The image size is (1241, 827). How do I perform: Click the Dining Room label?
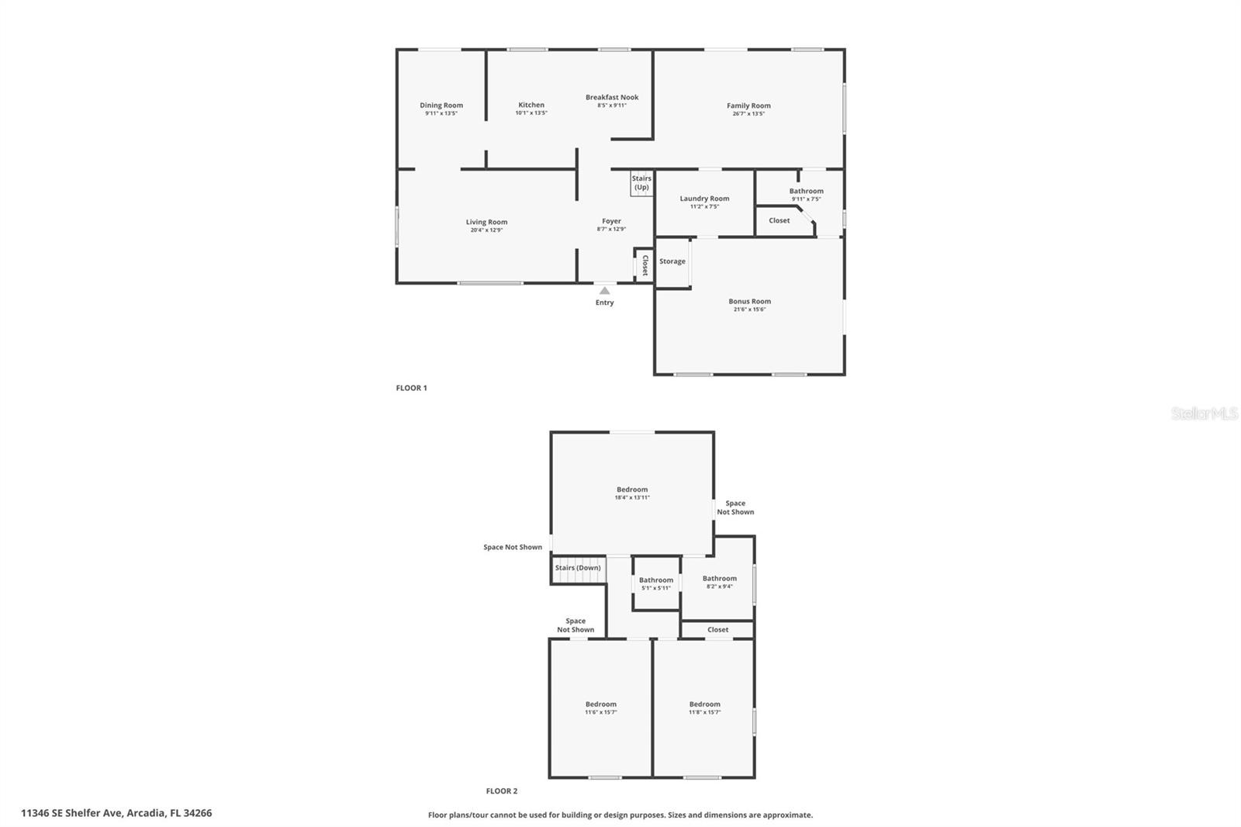441,106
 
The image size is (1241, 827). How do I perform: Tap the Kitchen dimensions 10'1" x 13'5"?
531,113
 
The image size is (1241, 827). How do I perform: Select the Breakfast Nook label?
612,98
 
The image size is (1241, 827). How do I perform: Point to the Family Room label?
748,106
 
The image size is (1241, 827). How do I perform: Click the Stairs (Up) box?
641,183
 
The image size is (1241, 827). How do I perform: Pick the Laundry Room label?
704,199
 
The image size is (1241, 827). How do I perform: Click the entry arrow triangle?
604,291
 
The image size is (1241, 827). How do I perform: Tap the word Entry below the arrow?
604,303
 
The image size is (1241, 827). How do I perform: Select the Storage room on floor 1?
672,261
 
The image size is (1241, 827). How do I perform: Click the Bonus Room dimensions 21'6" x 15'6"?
749,310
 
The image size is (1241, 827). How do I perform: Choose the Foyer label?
611,221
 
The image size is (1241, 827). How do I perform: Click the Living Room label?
486,222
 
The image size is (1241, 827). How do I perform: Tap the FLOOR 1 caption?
411,388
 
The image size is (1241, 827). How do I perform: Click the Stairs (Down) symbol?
578,568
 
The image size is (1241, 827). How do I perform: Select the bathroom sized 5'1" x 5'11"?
656,583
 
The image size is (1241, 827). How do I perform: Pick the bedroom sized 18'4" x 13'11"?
632,493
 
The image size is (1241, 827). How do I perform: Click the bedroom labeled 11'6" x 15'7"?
600,708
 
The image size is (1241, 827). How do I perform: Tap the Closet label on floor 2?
717,630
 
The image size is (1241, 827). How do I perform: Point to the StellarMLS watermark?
1204,414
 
